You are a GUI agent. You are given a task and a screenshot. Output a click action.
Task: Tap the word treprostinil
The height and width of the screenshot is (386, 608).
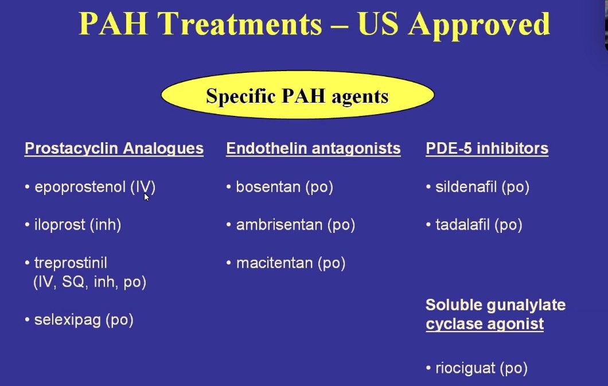click(71, 263)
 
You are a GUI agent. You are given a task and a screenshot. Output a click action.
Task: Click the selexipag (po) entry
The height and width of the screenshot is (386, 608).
click(84, 319)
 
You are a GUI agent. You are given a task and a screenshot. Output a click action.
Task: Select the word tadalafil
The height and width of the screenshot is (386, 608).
click(462, 225)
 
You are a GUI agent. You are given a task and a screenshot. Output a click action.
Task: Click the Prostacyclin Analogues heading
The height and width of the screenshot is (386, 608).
click(114, 149)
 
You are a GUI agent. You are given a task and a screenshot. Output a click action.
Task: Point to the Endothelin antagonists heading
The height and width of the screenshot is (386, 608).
click(313, 149)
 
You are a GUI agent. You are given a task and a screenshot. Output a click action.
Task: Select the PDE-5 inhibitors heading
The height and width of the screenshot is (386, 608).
click(487, 149)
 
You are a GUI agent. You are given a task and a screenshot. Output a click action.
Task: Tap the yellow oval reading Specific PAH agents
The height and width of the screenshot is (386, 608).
click(298, 96)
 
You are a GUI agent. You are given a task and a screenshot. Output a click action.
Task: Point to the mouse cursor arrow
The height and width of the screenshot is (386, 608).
click(146, 197)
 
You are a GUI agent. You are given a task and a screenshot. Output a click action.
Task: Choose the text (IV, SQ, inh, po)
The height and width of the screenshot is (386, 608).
click(90, 282)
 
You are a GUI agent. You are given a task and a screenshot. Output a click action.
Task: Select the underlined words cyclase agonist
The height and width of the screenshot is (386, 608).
click(485, 324)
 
